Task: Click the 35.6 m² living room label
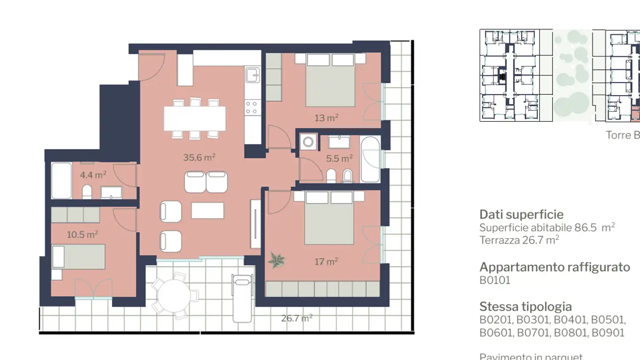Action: point(199,157)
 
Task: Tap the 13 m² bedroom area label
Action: point(327,118)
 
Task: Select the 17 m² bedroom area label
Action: point(326,262)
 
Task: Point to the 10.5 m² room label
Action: point(82,235)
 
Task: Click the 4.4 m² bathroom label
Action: point(93,175)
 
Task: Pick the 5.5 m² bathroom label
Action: point(339,158)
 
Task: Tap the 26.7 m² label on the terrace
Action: point(296,318)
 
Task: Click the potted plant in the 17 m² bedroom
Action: point(276,260)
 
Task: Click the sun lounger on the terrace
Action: point(242,298)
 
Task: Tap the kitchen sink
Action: point(253,75)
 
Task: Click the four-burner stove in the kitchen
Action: point(252,107)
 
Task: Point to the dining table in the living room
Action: point(195,118)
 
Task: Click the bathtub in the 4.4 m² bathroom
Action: point(61,181)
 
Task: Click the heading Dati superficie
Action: point(521,215)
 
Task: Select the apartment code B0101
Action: point(495,280)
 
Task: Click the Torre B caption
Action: point(623,135)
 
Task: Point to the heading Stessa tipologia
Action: point(525,307)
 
